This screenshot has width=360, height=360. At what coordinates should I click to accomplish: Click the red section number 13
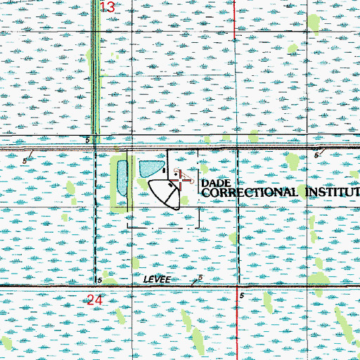tap(108, 7)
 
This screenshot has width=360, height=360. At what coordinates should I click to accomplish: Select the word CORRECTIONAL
tap(250, 192)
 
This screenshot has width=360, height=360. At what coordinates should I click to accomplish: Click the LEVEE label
tap(157, 279)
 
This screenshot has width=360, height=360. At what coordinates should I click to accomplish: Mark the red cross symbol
tap(182, 181)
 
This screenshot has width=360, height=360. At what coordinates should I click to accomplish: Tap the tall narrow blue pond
tap(122, 178)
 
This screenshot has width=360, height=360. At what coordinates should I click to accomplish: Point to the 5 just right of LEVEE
tap(200, 278)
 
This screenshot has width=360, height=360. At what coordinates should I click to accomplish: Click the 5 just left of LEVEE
tap(101, 280)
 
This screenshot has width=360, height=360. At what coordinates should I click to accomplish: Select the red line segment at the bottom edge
tap(236, 330)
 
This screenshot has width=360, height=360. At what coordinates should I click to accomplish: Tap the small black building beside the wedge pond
tap(165, 171)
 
